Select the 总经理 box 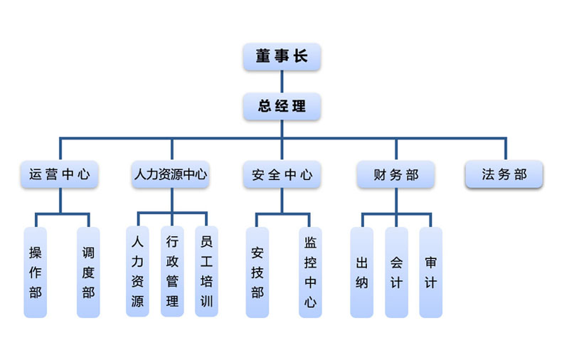282,107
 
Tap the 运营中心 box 60,174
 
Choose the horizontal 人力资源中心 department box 171,174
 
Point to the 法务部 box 504,174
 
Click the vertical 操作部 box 36,272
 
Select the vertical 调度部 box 88,272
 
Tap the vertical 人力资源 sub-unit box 137,272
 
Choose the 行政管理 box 172,272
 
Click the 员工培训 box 206,272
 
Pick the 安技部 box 257,272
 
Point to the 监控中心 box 310,272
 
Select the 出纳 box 361,272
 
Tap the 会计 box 396,272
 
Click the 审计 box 430,272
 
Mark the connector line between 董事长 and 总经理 282,82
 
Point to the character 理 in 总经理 299,107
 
